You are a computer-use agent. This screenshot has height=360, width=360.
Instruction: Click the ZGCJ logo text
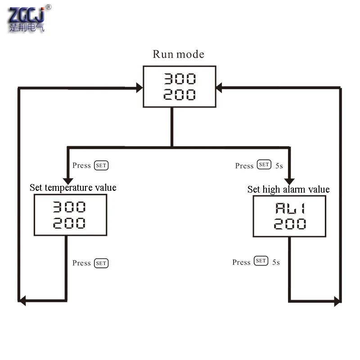[x=26, y=15]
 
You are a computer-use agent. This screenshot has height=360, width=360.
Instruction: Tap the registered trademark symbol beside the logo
[x=49, y=7]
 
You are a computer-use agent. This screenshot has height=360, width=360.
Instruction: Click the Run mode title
[x=178, y=54]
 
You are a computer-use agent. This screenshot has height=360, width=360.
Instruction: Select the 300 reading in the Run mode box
[x=180, y=79]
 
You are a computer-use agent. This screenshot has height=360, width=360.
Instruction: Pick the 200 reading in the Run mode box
[x=180, y=94]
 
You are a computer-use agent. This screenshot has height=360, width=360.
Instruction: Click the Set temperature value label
[x=73, y=188]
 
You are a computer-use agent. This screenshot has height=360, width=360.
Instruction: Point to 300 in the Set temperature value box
[x=69, y=207]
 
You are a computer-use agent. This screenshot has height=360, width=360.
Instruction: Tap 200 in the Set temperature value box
[x=69, y=223]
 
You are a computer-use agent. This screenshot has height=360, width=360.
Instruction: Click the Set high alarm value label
[x=288, y=189]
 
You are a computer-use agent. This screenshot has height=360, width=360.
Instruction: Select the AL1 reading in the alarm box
[x=290, y=208]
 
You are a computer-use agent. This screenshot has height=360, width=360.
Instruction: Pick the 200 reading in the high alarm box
[x=290, y=224]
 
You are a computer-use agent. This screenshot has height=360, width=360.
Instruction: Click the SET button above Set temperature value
[x=101, y=165]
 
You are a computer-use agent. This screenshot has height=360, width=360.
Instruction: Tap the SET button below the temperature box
[x=101, y=263]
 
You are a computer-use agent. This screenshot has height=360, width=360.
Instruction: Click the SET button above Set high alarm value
[x=264, y=164]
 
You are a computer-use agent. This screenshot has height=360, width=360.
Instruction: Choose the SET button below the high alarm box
[x=261, y=261]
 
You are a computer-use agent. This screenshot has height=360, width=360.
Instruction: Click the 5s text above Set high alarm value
[x=279, y=166]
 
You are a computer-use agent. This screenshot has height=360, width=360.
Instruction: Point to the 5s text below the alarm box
[x=276, y=262]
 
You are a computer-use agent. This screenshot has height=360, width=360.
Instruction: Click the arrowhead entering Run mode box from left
[x=139, y=88]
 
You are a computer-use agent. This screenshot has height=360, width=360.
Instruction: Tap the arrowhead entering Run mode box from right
[x=219, y=88]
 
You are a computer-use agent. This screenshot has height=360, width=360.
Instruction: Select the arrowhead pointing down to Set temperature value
[x=68, y=181]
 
